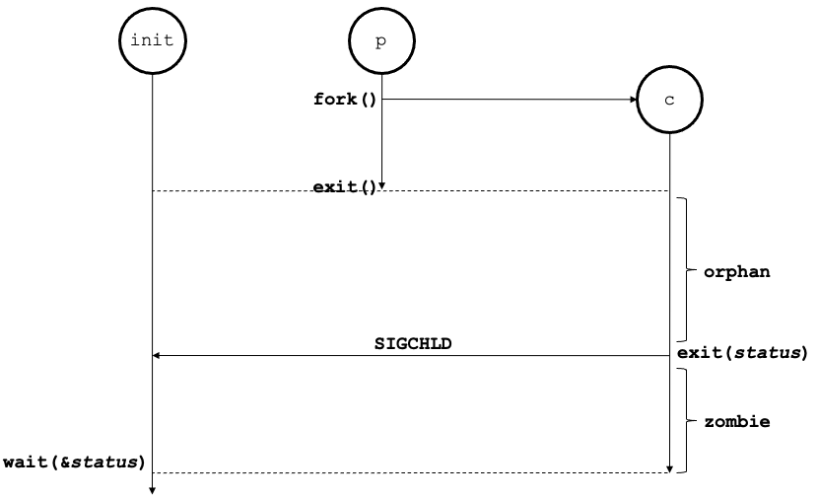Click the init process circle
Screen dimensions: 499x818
[152, 40]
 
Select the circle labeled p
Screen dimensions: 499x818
[381, 40]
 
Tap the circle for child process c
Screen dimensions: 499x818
[669, 101]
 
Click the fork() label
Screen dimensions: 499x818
[345, 100]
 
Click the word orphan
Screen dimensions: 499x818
[736, 271]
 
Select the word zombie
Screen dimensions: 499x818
[736, 421]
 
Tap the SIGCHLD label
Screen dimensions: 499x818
[413, 343]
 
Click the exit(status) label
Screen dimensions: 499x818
[741, 352]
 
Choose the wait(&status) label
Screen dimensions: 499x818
[75, 461]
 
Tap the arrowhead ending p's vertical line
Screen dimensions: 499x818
[381, 184]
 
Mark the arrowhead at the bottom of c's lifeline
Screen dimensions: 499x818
[670, 468]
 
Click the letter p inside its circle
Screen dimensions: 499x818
[381, 41]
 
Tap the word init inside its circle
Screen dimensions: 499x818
[152, 40]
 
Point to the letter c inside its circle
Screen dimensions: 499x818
[669, 102]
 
